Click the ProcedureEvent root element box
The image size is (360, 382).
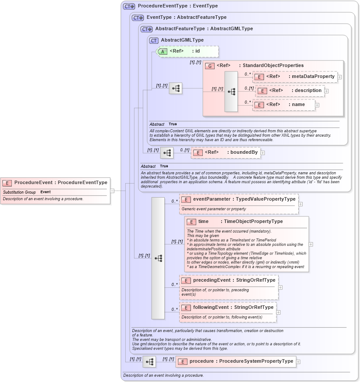pyautogui.click(x=54, y=183)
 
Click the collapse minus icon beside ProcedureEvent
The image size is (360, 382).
pyautogui.click(x=112, y=191)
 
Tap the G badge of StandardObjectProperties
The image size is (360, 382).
pyautogui.click(x=210, y=66)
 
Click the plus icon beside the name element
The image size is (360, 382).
pyautogui.click(x=317, y=105)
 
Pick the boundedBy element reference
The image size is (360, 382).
pyautogui.click(x=226, y=152)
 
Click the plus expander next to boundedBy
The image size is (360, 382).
pyautogui.click(x=263, y=153)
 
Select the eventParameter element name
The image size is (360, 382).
pyautogui.click(x=212, y=199)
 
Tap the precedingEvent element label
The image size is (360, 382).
pyautogui.click(x=212, y=280)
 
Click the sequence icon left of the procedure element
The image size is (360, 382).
pyautogui.click(x=149, y=362)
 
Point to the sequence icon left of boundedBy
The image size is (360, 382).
pyautogui.click(x=167, y=153)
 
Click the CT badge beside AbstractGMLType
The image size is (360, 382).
pyautogui.click(x=154, y=40)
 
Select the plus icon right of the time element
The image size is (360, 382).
pyautogui.click(x=311, y=244)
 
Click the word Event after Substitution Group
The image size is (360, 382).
pyautogui.click(x=46, y=192)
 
